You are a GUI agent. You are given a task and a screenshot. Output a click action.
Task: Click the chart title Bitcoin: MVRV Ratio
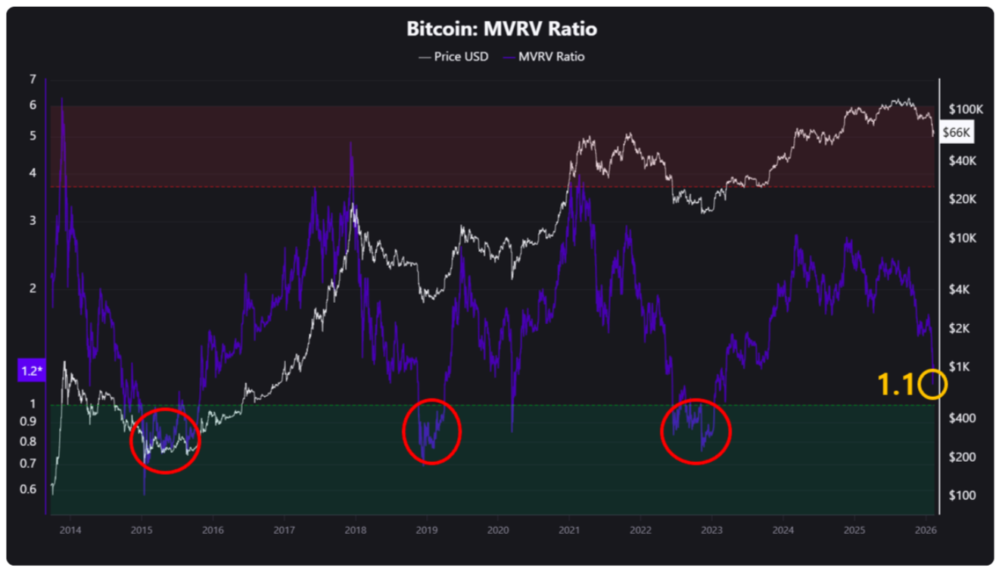[501, 30]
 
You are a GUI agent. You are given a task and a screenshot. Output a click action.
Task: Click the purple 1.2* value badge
[31, 371]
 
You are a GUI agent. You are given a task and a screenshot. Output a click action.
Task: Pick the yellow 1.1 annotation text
[896, 385]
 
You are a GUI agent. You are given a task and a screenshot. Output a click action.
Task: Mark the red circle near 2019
[431, 431]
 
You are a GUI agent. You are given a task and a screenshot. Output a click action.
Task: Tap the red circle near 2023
[696, 431]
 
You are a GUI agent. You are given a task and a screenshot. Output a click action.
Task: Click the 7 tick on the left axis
[33, 80]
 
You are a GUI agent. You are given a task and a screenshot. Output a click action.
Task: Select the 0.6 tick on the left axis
[28, 489]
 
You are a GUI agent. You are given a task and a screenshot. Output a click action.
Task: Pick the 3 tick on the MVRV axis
[33, 221]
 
